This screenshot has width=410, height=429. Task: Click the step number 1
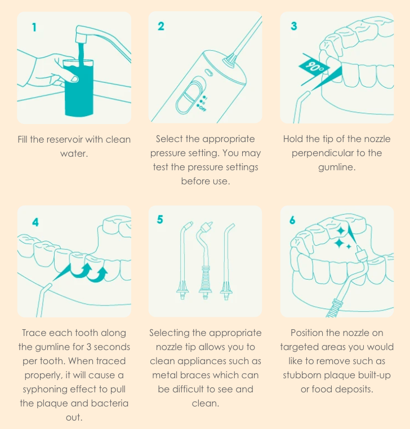pos(34,28)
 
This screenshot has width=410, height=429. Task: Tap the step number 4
pos(35,222)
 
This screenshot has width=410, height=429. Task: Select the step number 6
pos(292,220)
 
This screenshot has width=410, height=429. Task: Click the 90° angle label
pos(314,66)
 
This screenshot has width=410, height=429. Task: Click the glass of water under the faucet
pos(79,87)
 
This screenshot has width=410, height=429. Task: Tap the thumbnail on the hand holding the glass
pos(74,79)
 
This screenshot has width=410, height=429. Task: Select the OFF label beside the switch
pos(203,108)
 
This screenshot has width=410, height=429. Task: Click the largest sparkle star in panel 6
pos(340,242)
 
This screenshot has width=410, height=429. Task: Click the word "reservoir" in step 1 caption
pos(63,139)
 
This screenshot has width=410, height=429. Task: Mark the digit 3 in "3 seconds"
pos(89,347)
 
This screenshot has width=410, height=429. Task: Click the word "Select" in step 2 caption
pos(169,139)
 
